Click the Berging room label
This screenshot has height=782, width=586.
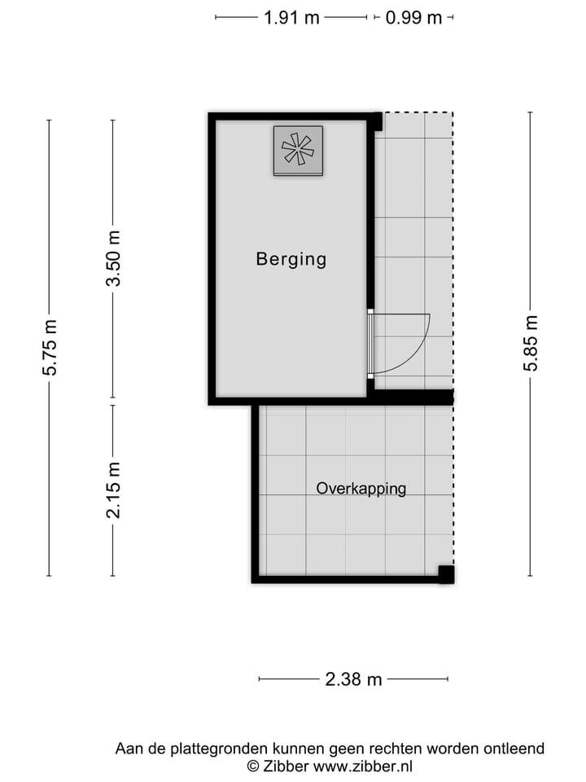point(291,259)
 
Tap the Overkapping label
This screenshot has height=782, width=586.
point(361,489)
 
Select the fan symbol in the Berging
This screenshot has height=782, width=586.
point(298,150)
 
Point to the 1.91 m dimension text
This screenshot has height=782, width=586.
point(291,17)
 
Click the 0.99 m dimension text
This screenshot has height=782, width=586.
point(413,17)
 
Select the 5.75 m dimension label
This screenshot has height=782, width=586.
point(50,348)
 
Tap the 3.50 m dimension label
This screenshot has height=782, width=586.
point(114,258)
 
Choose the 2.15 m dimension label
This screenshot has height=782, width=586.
point(114,490)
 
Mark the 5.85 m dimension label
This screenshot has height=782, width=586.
point(531,344)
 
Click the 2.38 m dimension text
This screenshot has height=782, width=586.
point(353,679)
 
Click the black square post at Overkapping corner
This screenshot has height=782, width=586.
point(446,573)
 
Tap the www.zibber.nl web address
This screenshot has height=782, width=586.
point(363,766)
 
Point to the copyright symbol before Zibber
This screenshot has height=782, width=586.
point(253,766)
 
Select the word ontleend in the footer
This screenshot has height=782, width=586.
point(514,749)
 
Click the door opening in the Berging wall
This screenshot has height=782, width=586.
point(370,343)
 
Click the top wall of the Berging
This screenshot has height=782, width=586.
point(293,116)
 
